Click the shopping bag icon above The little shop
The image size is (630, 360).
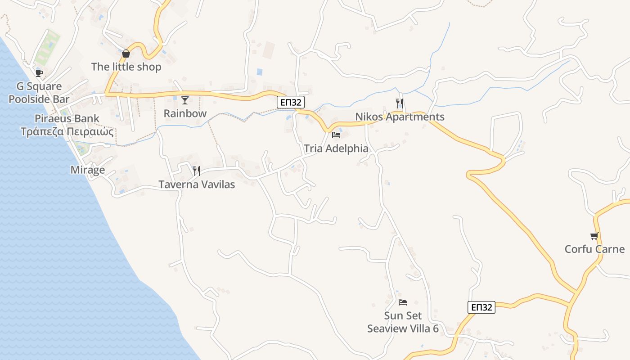click(x=126, y=54)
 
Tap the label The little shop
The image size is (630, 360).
click(x=126, y=67)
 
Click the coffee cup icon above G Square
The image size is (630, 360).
click(x=39, y=73)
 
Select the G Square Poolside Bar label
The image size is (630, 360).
click(x=39, y=93)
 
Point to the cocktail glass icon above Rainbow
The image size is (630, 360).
click(x=185, y=100)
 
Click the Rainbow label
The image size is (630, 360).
click(x=185, y=113)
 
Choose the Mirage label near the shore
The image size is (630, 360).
click(x=88, y=170)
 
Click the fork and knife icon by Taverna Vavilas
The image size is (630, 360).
click(x=197, y=171)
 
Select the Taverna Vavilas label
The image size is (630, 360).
click(x=197, y=184)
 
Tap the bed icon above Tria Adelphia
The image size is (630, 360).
click(x=336, y=135)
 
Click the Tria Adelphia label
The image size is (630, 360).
click(x=336, y=148)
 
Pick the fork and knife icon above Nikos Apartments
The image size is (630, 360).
click(x=400, y=103)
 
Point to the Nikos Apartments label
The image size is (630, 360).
click(x=400, y=117)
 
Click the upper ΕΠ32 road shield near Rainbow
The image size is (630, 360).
click(x=290, y=103)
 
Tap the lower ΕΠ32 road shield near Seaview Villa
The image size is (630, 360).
click(x=481, y=307)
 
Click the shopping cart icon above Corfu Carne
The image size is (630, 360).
click(x=594, y=236)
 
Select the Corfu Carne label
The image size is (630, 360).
click(x=594, y=249)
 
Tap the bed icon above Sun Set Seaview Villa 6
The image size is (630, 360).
click(x=403, y=302)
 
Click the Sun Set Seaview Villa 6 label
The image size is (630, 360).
click(x=403, y=322)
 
